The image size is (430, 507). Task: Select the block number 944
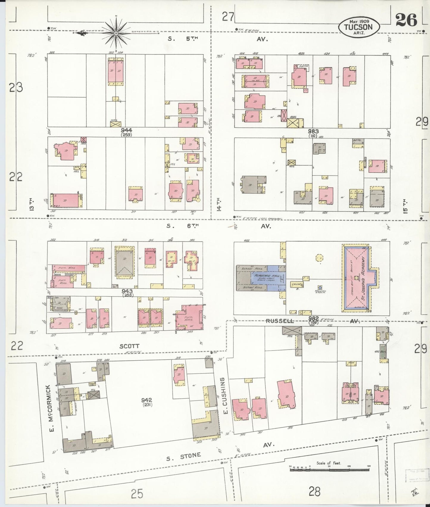(x=126, y=130)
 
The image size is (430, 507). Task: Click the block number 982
(x=313, y=319)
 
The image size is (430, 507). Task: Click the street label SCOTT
(x=130, y=346)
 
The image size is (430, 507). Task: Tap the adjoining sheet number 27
(x=228, y=17)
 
